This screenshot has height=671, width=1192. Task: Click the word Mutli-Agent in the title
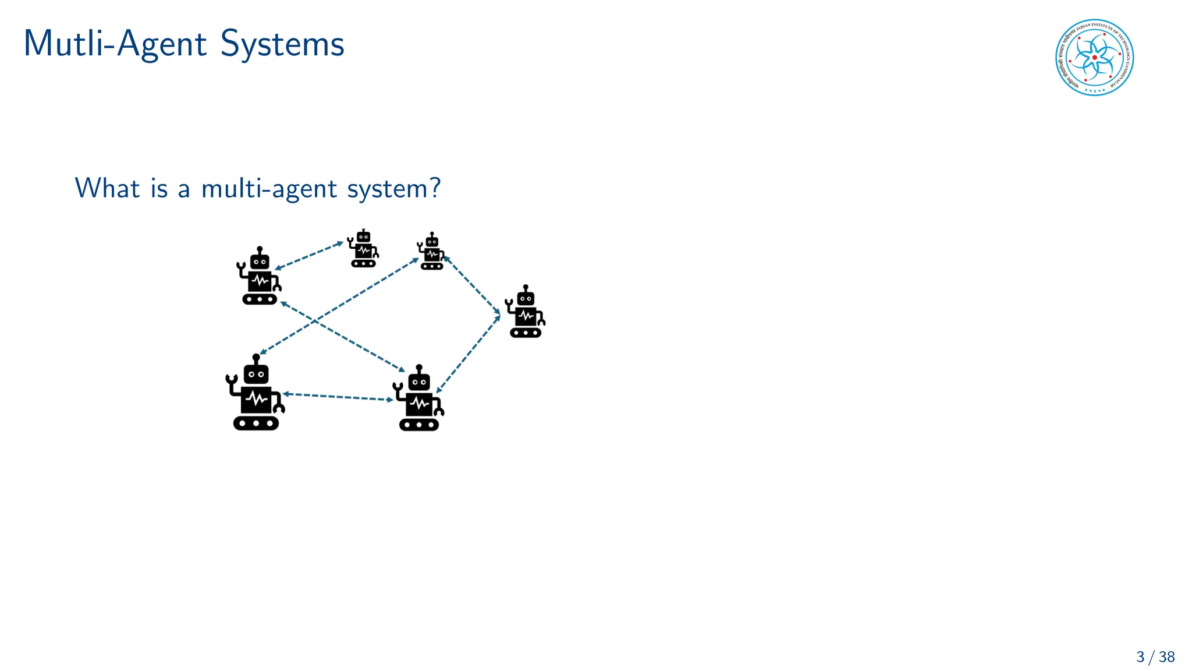[x=115, y=44]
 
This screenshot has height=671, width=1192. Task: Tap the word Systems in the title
[x=282, y=44]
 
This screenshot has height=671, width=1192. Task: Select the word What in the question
[x=108, y=188]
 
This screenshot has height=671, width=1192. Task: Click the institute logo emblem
[x=1094, y=58]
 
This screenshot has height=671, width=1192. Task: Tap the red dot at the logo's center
[x=1095, y=58]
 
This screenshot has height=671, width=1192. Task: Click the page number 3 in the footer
[x=1140, y=657]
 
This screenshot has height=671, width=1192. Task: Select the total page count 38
[x=1166, y=657]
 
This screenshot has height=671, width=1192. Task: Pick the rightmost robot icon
[x=526, y=312]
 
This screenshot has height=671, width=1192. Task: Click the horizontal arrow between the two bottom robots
[x=338, y=397]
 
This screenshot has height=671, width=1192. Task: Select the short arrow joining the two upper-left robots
[x=309, y=256]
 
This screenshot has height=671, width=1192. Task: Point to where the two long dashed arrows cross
[x=315, y=320]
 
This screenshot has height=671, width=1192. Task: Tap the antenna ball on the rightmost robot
[x=526, y=287]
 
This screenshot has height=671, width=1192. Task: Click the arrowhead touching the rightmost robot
[x=498, y=316]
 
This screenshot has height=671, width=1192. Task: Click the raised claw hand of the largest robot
[x=230, y=380]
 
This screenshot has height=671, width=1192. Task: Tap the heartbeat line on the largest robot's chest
[x=256, y=400]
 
